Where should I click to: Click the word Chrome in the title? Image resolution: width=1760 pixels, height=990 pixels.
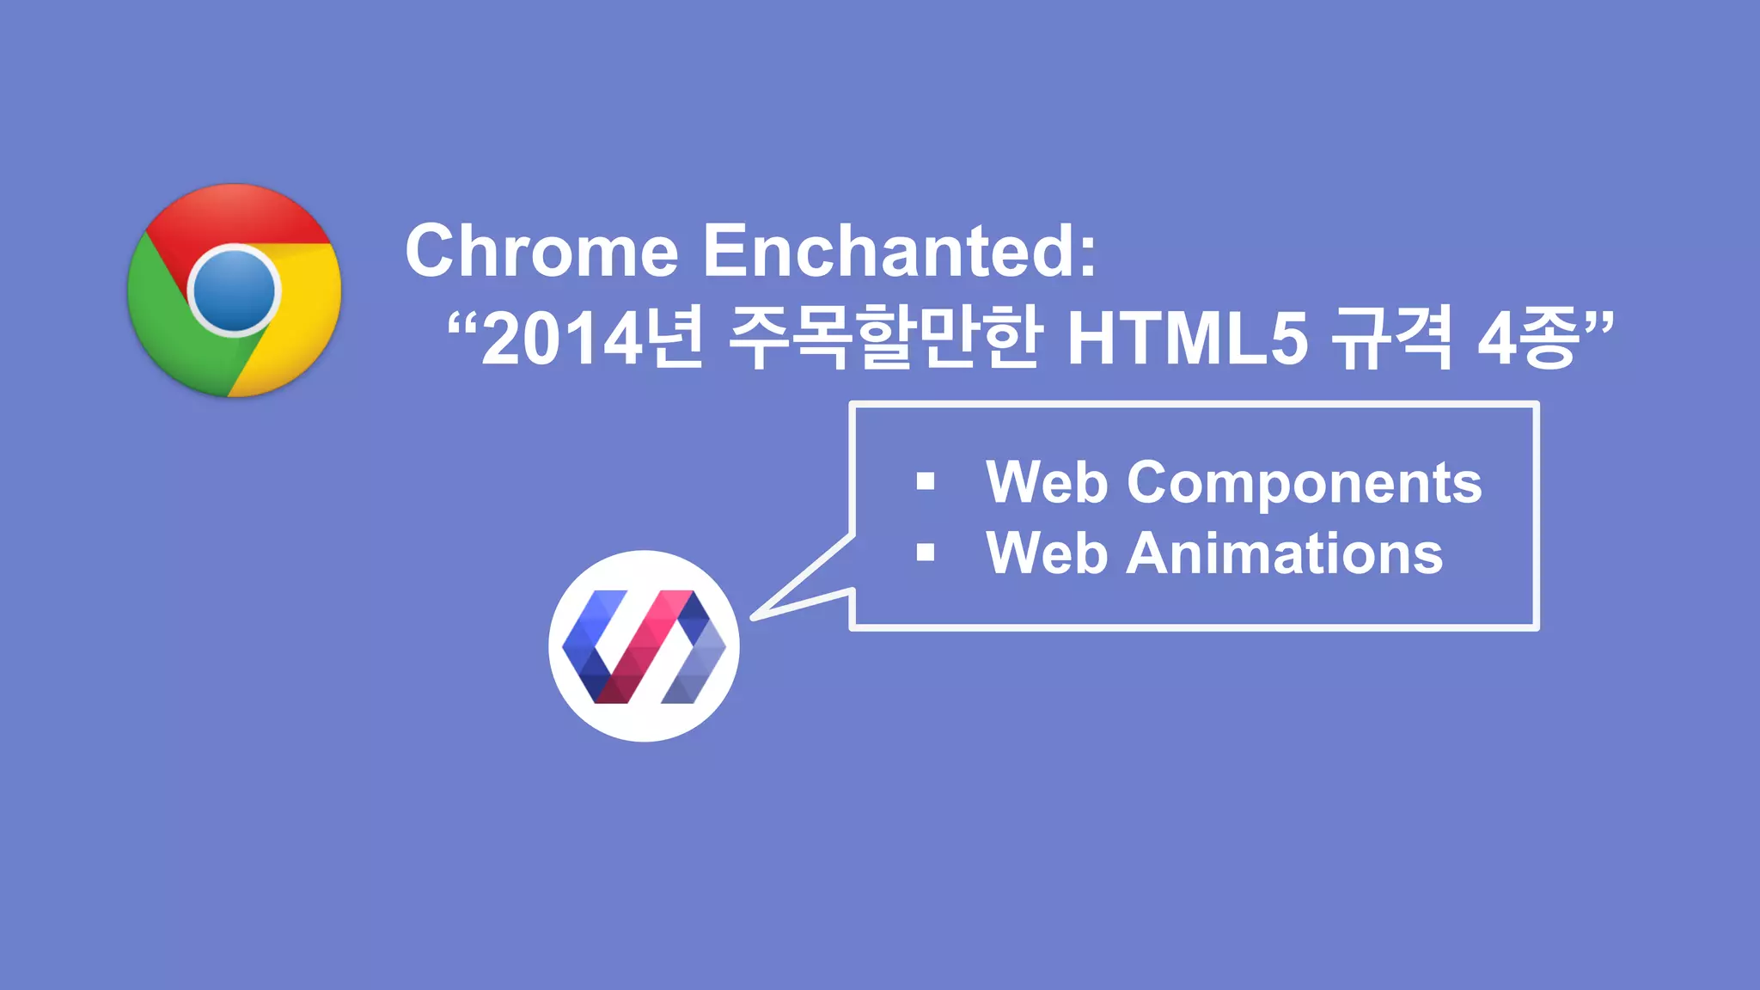(541, 251)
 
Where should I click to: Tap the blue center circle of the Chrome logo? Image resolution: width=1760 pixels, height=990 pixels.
(234, 291)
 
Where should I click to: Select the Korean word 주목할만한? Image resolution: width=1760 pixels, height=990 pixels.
(885, 338)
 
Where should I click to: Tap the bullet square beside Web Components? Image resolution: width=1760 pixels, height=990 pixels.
(926, 481)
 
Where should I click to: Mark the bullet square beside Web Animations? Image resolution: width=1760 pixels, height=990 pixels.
(926, 553)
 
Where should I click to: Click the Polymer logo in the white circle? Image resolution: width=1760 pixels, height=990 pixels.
(644, 646)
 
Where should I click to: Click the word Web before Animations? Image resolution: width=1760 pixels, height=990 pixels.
(1046, 553)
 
